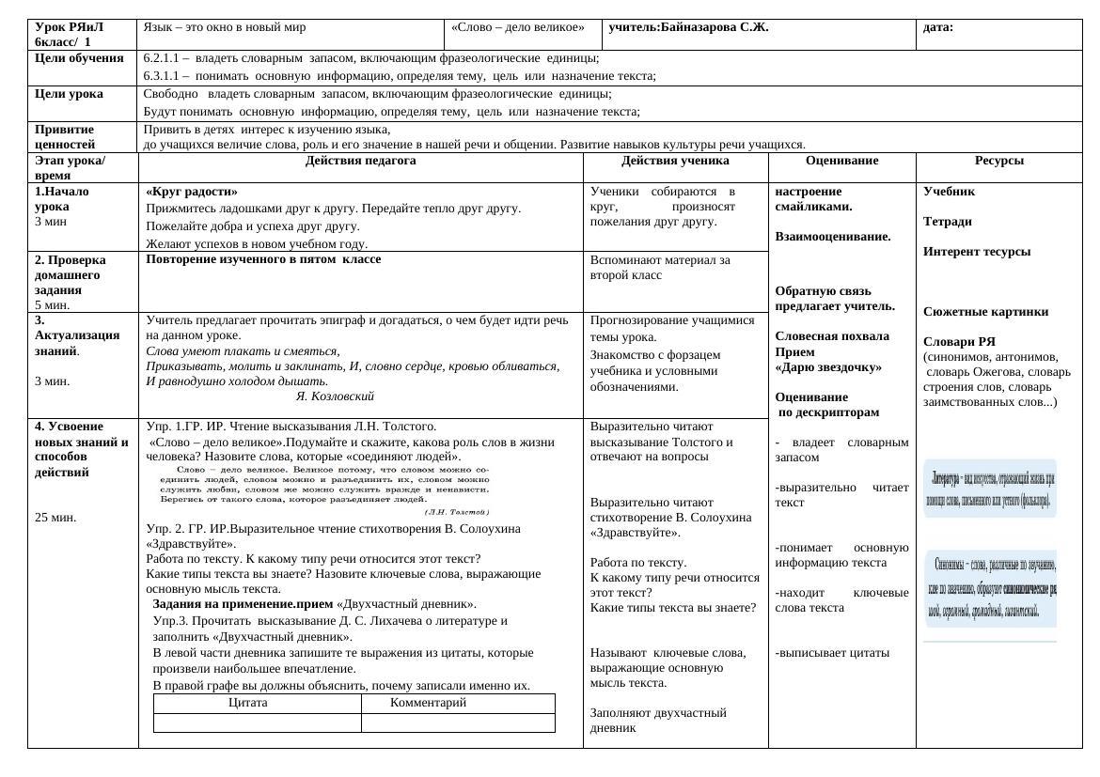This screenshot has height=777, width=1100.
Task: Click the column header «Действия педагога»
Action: pos(360,161)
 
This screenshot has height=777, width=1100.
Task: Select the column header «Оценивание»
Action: pos(841,161)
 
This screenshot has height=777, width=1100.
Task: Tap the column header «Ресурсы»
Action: pos(998,161)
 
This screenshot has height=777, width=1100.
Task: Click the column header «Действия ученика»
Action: pos(675,161)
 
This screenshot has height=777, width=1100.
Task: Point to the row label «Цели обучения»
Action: pos(79,57)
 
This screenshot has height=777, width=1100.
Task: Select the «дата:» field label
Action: pos(938,27)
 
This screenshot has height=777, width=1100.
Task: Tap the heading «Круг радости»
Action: pos(192,191)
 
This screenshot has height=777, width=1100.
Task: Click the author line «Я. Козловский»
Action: pos(335,396)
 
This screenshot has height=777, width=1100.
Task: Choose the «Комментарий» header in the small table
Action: pos(428,703)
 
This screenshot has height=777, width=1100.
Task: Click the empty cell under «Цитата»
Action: pos(257,723)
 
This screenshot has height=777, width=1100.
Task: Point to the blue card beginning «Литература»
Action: pos(990,487)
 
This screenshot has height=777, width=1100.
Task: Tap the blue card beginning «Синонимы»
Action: pos(990,588)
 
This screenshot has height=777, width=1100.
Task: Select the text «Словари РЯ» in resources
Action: pos(959,342)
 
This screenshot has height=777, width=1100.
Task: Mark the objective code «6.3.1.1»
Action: pos(162,76)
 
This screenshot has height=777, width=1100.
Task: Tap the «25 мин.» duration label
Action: pos(55,517)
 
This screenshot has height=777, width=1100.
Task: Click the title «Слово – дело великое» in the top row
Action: pos(517,27)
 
